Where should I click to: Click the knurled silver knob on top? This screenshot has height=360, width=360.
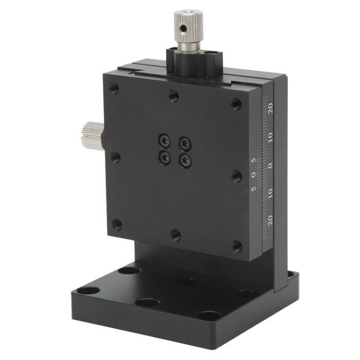(x=188, y=26)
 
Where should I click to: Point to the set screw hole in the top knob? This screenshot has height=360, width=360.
(x=183, y=28)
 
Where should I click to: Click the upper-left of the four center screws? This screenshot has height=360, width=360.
(x=165, y=140)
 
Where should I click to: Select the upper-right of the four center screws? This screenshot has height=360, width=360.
(x=185, y=143)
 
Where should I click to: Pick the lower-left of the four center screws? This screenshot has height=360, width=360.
(x=165, y=157)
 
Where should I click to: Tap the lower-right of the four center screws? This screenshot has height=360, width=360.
(x=185, y=160)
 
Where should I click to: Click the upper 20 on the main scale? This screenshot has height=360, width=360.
(x=271, y=108)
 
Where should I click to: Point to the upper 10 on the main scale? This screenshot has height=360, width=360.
(x=271, y=137)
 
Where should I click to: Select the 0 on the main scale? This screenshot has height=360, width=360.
(x=271, y=166)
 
